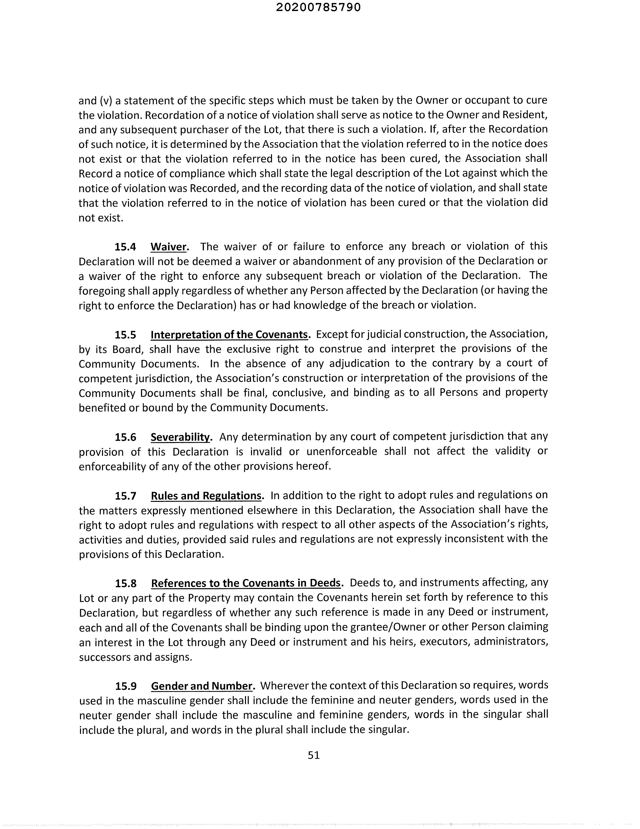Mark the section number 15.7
coord(125,496)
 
